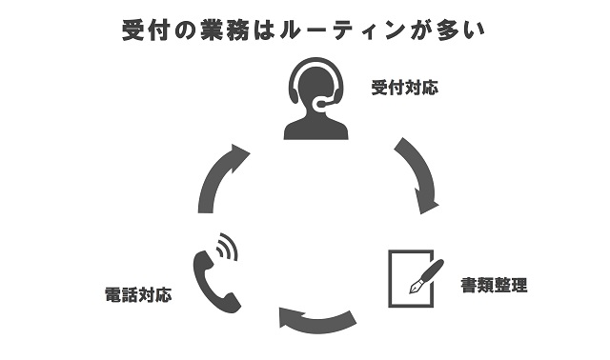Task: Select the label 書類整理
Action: point(494,284)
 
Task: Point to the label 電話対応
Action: point(138,294)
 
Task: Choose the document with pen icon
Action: point(414,277)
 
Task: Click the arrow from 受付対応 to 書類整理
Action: point(418,174)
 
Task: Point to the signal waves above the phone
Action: point(227,247)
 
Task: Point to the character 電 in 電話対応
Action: point(112,294)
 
